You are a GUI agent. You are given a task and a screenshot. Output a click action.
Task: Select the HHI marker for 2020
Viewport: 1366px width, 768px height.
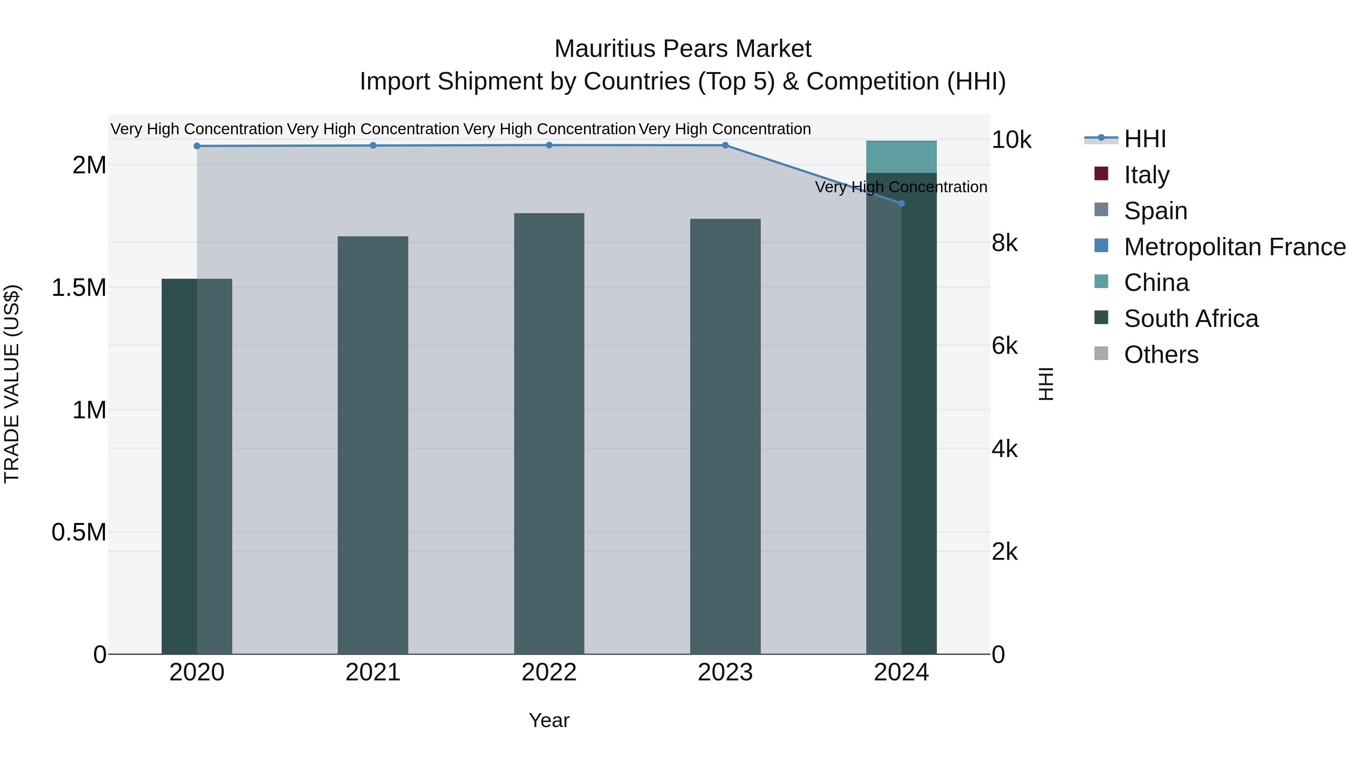click(197, 146)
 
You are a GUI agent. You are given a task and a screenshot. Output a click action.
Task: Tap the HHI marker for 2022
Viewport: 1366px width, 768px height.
click(549, 145)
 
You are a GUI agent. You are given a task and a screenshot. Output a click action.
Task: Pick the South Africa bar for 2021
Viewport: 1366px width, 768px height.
click(373, 445)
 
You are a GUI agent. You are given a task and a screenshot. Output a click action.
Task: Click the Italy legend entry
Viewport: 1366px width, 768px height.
click(1146, 175)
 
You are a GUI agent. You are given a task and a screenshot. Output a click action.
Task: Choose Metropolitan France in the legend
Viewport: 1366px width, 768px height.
click(1234, 247)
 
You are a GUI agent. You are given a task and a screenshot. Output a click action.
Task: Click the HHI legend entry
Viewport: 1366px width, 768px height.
click(1144, 139)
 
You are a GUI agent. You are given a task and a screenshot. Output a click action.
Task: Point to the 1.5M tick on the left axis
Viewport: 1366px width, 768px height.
click(79, 288)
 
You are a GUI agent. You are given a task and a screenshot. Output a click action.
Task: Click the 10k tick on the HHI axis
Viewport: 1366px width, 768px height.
click(1011, 140)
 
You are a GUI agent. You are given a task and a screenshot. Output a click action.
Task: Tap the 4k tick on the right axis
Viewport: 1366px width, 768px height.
click(1004, 449)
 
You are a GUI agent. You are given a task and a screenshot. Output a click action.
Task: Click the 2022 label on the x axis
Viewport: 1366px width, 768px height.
click(549, 672)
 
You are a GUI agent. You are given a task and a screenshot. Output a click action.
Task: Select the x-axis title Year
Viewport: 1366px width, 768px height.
click(549, 720)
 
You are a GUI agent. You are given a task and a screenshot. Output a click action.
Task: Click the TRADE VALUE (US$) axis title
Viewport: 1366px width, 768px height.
click(12, 384)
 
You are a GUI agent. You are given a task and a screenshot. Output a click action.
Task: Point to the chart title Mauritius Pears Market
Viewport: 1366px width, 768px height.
click(683, 49)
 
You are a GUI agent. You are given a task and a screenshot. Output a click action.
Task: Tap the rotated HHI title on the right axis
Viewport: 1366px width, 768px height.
click(1046, 384)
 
